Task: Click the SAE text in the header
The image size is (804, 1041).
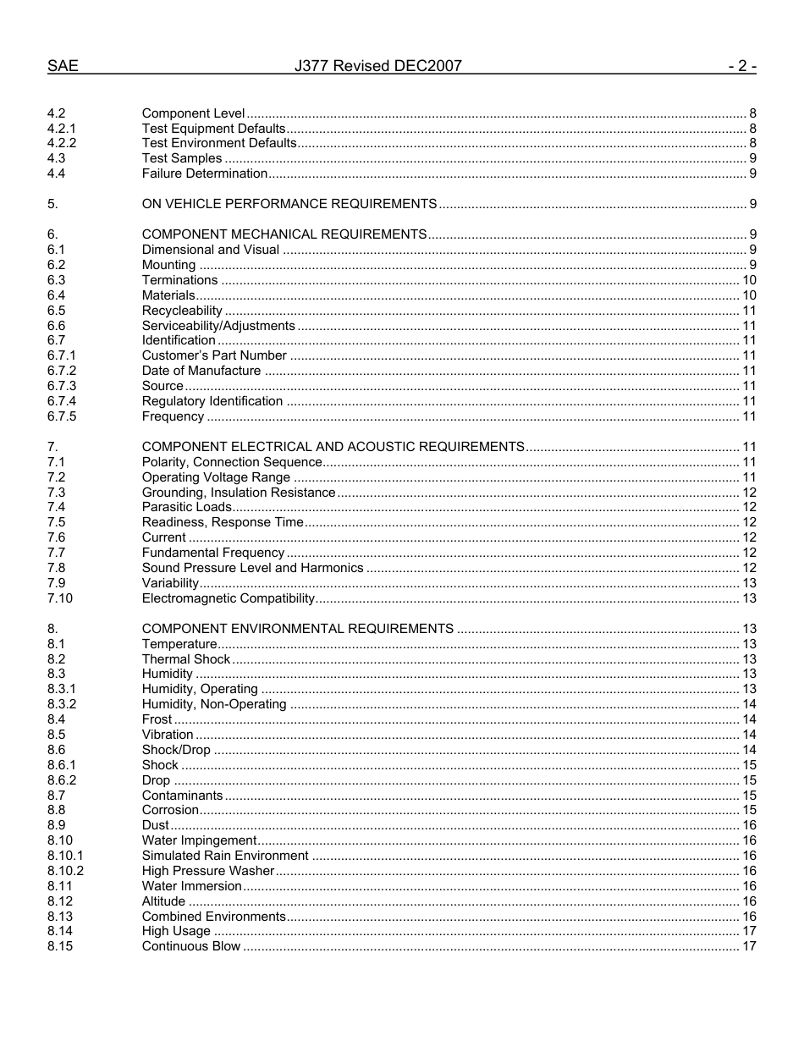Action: point(63,66)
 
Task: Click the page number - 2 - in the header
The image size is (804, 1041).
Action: point(741,66)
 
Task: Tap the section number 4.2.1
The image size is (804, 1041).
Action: point(62,129)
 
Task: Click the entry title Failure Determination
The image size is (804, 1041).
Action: point(204,173)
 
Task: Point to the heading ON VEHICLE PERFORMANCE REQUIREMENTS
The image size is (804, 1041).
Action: point(289,204)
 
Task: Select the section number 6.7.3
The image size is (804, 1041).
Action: point(62,386)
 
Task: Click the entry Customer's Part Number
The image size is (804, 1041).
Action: point(214,355)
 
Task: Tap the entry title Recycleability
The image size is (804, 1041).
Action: point(182,311)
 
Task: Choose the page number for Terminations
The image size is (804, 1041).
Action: point(749,280)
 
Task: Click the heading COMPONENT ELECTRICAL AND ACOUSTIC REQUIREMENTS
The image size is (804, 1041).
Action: point(333,447)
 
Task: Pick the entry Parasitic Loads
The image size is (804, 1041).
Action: point(186,507)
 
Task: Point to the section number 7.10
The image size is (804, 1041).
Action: point(60,598)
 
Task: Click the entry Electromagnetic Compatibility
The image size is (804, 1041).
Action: point(228,598)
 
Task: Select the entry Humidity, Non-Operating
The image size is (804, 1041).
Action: point(214,704)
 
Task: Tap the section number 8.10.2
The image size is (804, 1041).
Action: point(65,871)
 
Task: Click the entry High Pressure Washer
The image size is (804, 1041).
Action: point(208,871)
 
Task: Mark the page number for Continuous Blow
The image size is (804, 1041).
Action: point(749,946)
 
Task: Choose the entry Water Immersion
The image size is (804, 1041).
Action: point(191,886)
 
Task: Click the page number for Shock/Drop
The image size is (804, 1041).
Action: point(749,750)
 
